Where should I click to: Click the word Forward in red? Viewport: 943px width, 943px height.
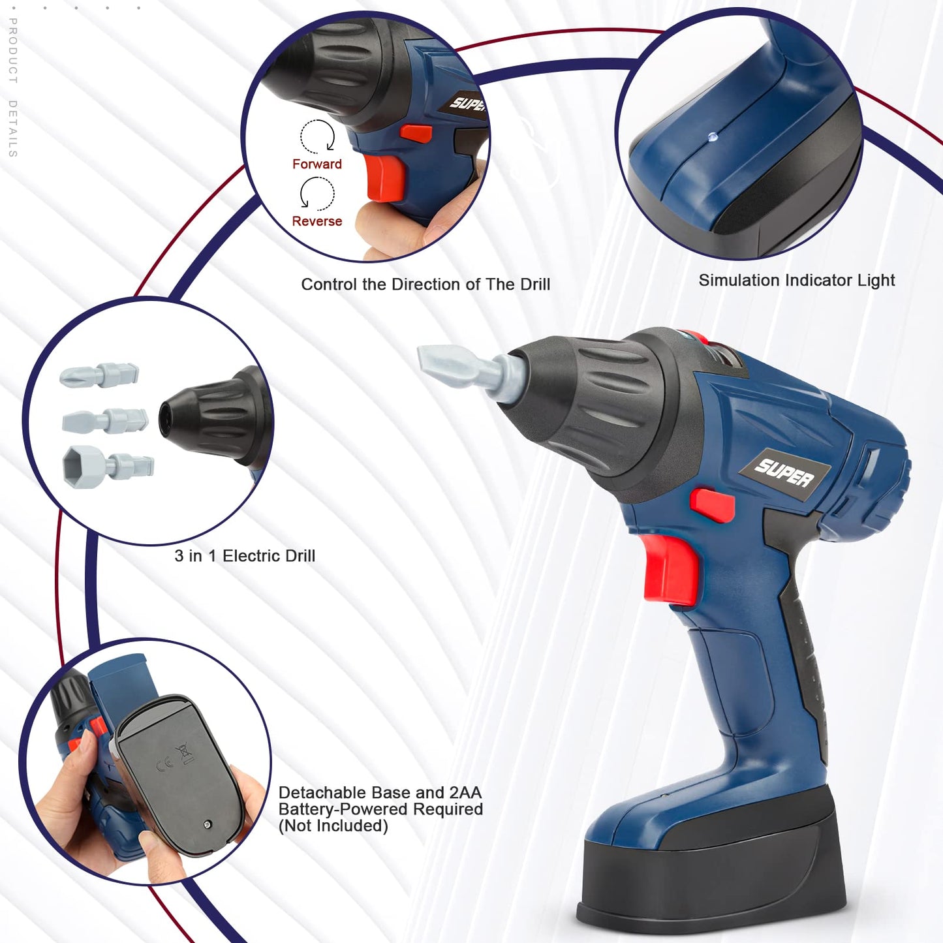317,164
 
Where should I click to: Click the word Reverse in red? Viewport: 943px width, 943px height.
317,221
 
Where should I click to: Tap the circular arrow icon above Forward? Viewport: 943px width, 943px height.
318,136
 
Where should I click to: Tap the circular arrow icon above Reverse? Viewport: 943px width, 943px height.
317,194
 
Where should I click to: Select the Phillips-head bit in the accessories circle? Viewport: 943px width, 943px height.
99,375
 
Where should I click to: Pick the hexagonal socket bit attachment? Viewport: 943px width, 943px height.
108,467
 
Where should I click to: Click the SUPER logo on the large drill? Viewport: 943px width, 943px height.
784,473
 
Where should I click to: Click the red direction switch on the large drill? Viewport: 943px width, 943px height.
712,504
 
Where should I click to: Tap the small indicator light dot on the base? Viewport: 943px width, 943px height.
713,137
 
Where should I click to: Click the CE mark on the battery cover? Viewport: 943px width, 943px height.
165,764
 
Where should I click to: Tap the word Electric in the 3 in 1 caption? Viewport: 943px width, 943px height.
249,556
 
